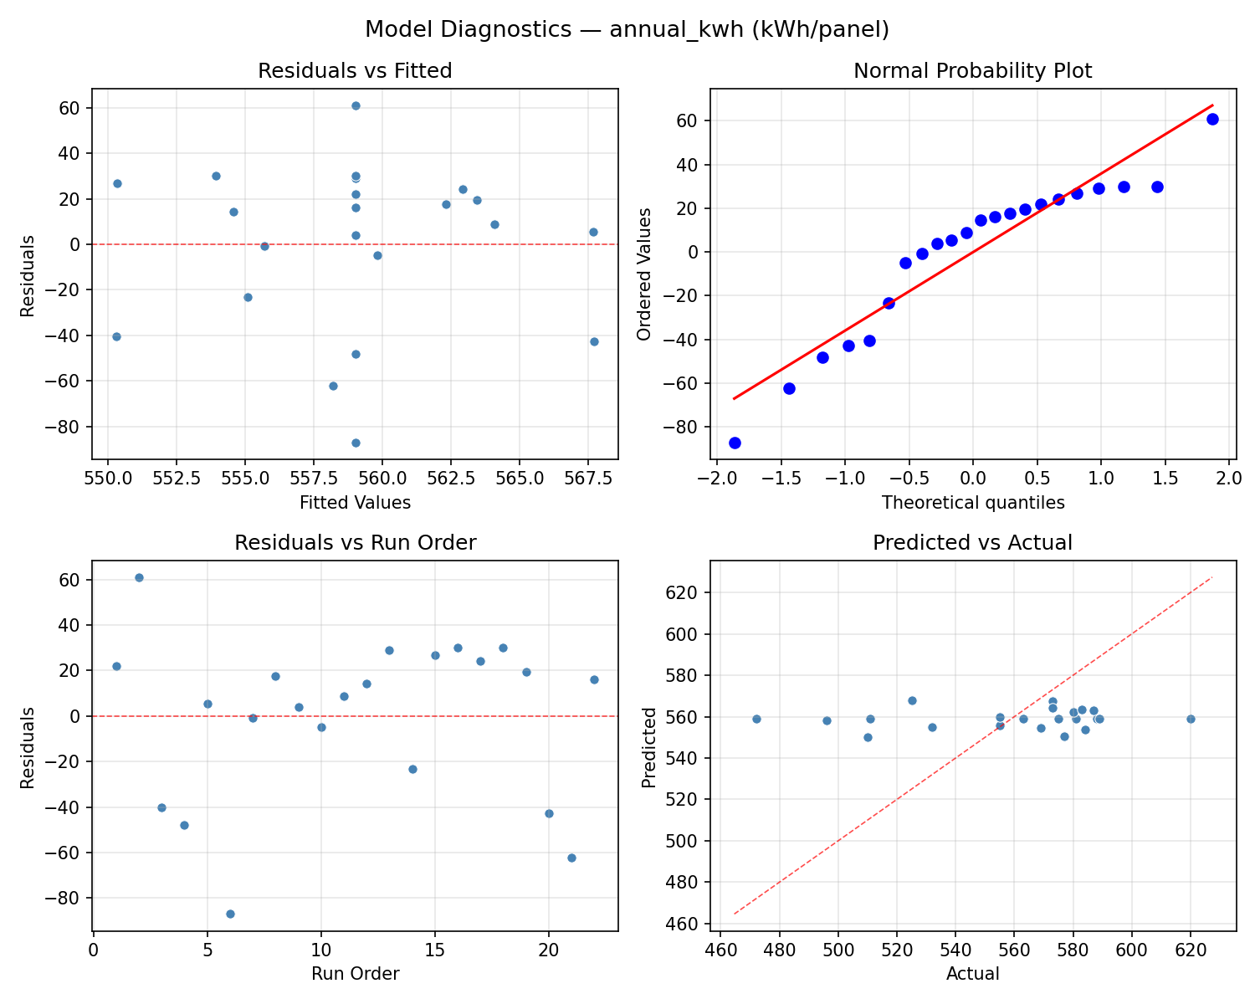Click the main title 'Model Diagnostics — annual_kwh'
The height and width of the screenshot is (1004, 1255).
pos(627,29)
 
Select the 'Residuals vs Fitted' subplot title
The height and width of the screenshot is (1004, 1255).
pos(355,71)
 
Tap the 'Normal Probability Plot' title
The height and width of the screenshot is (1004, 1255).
pos(972,71)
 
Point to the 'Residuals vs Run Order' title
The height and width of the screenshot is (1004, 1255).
pos(355,543)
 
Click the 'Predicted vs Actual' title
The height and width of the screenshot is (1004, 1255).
pos(972,543)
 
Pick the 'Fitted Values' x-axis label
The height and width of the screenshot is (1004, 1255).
pos(355,503)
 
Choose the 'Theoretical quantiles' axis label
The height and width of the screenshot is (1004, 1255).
pos(972,503)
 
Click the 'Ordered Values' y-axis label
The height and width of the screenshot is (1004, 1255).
pos(643,274)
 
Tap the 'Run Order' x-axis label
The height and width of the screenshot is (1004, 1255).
pos(355,974)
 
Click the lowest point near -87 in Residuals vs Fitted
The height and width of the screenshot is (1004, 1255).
pos(356,443)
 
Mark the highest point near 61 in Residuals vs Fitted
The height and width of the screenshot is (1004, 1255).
pos(356,105)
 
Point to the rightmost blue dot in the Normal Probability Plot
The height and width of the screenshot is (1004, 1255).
pos(1212,119)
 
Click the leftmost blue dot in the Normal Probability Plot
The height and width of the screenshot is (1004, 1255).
pos(735,443)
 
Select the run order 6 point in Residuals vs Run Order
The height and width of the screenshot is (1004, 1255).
pos(230,914)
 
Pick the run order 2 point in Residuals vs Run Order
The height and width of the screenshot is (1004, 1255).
pos(139,577)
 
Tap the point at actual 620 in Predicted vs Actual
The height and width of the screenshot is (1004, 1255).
pos(1191,719)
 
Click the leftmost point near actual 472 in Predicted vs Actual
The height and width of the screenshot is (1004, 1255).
pos(756,719)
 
